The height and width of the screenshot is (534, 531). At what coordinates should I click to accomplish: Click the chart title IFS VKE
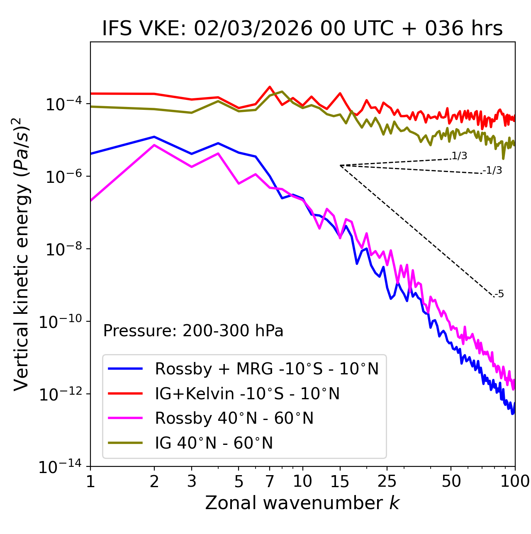click(x=302, y=29)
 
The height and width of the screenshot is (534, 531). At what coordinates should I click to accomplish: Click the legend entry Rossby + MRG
click(x=266, y=369)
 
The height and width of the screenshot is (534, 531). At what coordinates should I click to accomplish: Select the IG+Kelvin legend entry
click(x=247, y=393)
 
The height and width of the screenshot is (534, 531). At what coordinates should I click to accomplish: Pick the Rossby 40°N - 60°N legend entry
click(x=234, y=418)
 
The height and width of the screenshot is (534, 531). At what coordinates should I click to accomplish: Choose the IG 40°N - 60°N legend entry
click(x=214, y=443)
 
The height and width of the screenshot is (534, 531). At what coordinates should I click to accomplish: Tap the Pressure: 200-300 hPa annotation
click(x=193, y=331)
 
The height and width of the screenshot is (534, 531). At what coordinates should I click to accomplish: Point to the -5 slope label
click(x=499, y=294)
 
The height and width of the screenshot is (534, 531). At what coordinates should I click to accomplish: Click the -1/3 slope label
click(x=492, y=170)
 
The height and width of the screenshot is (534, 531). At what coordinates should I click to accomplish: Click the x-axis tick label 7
click(x=270, y=481)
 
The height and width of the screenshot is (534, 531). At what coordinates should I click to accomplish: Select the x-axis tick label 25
click(x=387, y=481)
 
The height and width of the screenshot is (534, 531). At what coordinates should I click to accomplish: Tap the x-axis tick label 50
click(x=451, y=481)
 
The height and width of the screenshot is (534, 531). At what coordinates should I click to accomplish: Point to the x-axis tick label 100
click(x=515, y=481)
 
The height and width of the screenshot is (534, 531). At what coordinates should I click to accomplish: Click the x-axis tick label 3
click(x=192, y=481)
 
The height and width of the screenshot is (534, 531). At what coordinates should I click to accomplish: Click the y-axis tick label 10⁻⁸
click(x=63, y=249)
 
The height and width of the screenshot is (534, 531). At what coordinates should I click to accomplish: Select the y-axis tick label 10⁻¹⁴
click(x=60, y=467)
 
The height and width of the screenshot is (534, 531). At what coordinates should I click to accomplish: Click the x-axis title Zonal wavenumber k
click(x=302, y=503)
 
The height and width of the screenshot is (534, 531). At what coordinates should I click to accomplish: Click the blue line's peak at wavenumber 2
click(x=154, y=136)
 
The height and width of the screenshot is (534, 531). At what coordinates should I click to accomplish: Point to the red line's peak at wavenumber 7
click(x=270, y=87)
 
